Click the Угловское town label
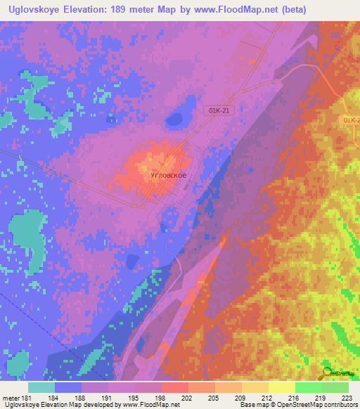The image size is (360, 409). (x=169, y=176)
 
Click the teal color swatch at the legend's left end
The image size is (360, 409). (x=41, y=387)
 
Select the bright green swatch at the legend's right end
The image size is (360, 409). (x=335, y=387)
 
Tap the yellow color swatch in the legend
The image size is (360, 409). (x=281, y=387)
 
